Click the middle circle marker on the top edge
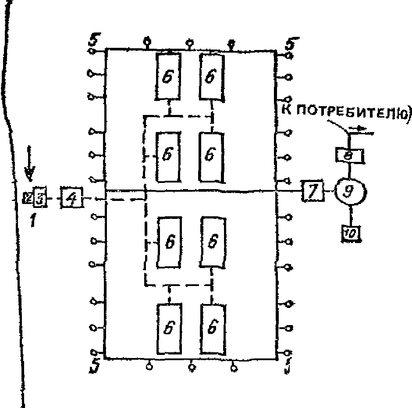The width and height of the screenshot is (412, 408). click(x=190, y=43)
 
